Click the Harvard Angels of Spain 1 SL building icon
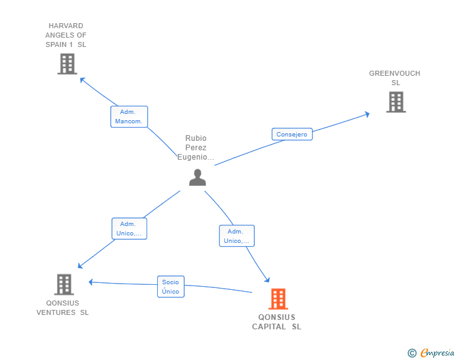(x=67, y=64)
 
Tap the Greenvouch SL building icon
(x=396, y=102)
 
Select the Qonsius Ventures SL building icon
(x=63, y=284)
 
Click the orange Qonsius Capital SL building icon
(x=277, y=299)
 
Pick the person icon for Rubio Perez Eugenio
(x=197, y=178)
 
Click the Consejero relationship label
(x=292, y=134)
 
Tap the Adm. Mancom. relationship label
(x=129, y=116)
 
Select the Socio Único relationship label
(x=170, y=287)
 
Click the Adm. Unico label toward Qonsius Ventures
(x=129, y=229)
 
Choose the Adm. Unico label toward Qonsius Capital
(x=237, y=236)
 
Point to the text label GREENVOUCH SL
(x=395, y=78)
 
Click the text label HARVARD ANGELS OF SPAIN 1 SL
(x=66, y=35)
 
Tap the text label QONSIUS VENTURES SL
(x=63, y=308)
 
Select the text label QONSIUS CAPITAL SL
(x=277, y=322)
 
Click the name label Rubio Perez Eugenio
(x=196, y=148)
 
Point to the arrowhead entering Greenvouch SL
(x=366, y=114)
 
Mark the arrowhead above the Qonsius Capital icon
(x=267, y=280)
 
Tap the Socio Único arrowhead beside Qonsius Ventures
(x=91, y=282)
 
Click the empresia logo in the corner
(x=432, y=353)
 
